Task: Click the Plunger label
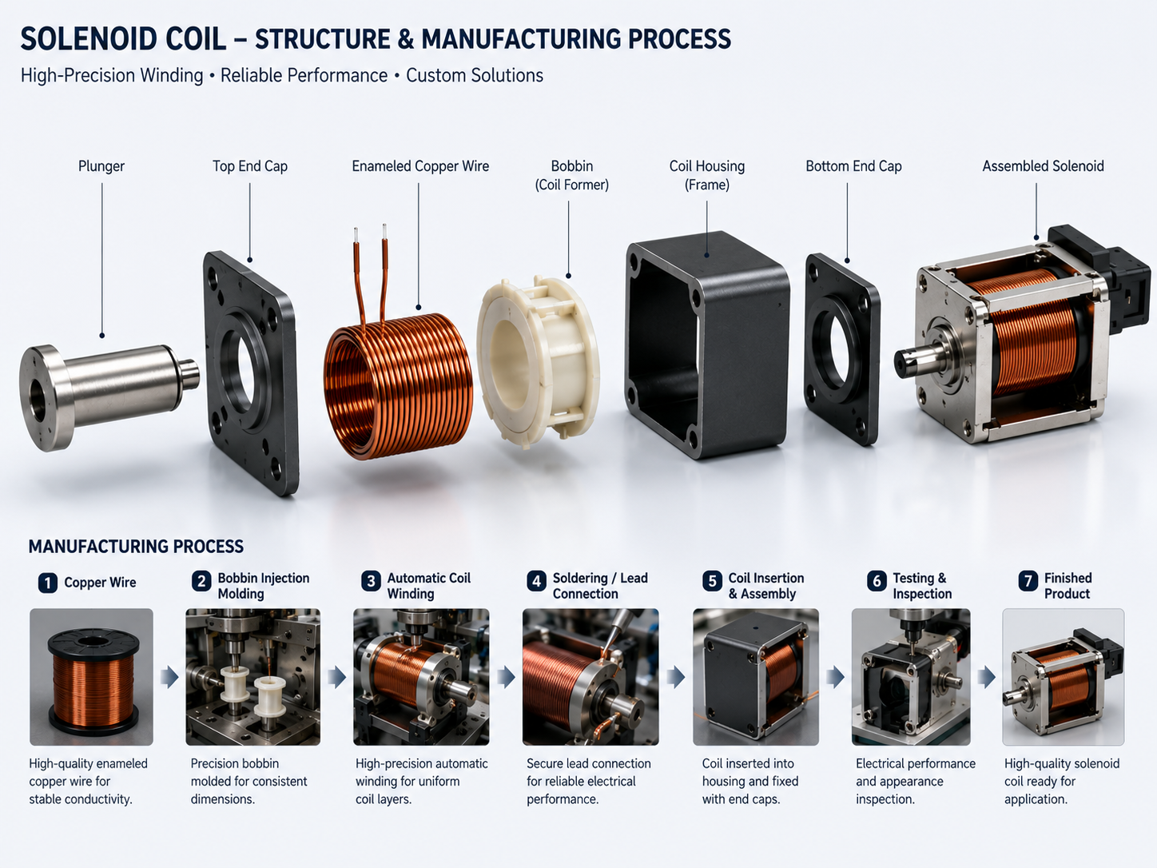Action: click(101, 166)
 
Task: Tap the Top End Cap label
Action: click(250, 166)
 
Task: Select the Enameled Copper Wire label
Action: click(420, 166)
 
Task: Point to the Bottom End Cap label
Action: click(853, 166)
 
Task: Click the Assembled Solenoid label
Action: click(1043, 166)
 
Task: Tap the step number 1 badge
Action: click(47, 583)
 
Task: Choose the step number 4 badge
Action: click(536, 581)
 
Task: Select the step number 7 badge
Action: click(1028, 581)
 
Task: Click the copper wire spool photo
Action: click(91, 677)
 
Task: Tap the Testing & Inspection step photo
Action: click(911, 677)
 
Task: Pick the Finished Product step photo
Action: click(1064, 677)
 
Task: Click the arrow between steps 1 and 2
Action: click(169, 677)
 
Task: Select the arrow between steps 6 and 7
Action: click(987, 677)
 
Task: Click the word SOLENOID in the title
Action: click(89, 39)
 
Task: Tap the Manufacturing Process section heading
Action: click(136, 547)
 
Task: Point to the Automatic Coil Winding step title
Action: click(428, 586)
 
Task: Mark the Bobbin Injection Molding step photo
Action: click(253, 677)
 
